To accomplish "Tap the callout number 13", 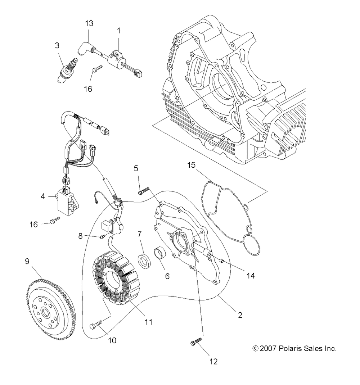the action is (x=89, y=23).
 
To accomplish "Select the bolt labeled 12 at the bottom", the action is (x=196, y=341).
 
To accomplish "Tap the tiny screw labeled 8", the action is (x=103, y=236).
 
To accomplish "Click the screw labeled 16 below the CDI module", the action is (x=55, y=220).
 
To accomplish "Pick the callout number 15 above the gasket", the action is (x=192, y=165).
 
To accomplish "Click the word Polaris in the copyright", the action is (x=290, y=348).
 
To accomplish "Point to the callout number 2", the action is (x=240, y=315).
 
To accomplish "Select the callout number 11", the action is (x=148, y=322).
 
